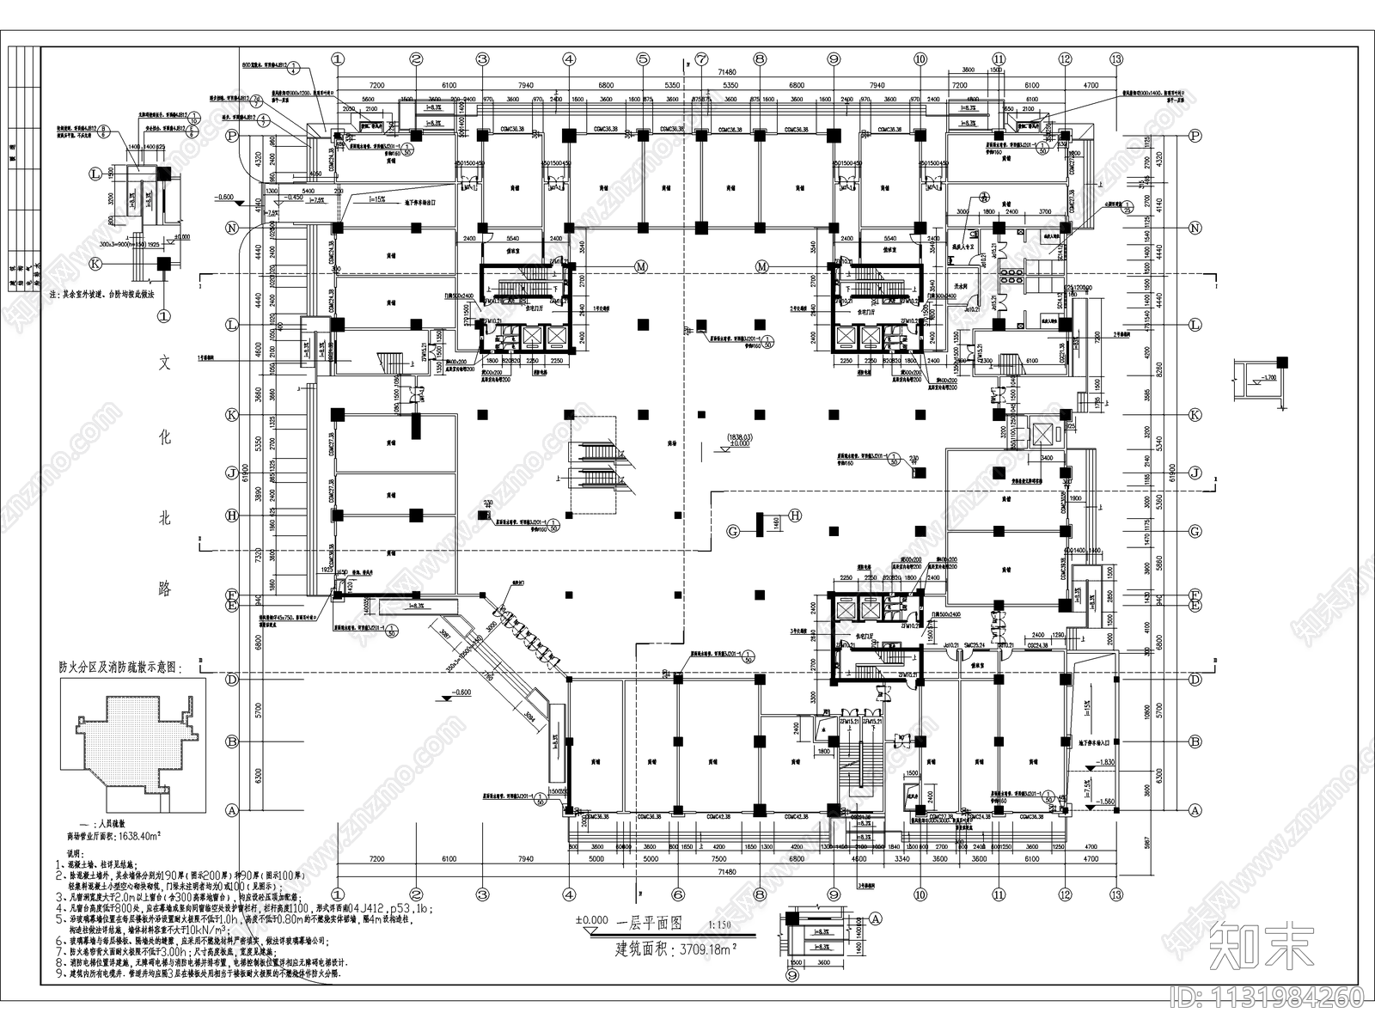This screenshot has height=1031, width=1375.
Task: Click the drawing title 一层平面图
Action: click(650, 924)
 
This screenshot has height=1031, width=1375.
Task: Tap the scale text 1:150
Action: click(719, 926)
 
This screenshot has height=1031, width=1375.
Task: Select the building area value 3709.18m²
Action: click(707, 949)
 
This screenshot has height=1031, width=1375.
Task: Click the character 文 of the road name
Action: click(165, 363)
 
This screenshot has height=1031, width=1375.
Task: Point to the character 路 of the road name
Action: click(165, 589)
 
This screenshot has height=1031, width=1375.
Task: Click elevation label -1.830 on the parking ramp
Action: click(1105, 762)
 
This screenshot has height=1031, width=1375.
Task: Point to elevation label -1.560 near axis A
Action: click(1105, 801)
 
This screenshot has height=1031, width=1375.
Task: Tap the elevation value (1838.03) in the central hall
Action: click(738, 437)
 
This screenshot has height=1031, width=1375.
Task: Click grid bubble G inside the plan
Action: click(733, 532)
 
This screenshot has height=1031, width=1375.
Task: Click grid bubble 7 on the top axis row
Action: click(702, 59)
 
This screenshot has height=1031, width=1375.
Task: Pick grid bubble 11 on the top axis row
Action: click(999, 59)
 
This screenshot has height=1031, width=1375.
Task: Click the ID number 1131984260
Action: click(1267, 997)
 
